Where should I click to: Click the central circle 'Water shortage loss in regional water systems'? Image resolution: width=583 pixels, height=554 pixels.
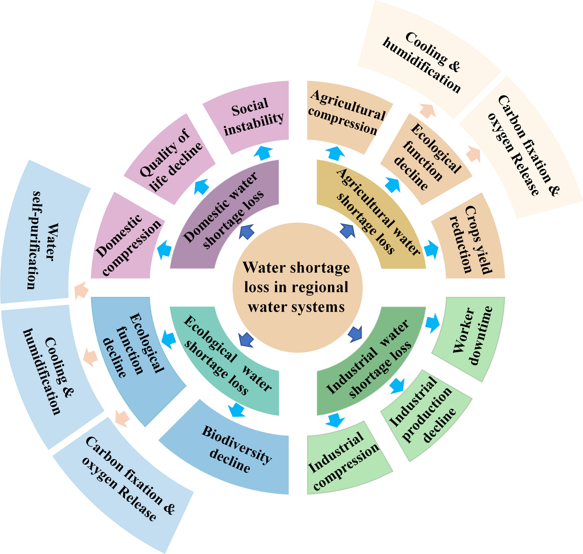point(297,287)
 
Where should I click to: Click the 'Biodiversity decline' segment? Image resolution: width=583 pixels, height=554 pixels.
point(233,452)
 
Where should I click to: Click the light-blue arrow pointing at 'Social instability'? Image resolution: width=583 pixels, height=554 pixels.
point(263,153)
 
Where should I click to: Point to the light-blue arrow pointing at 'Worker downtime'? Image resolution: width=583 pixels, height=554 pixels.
point(432,323)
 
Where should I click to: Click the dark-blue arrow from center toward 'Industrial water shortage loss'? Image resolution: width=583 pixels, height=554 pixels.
point(355,334)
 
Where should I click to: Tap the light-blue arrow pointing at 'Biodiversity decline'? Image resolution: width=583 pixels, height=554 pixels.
point(237,410)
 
